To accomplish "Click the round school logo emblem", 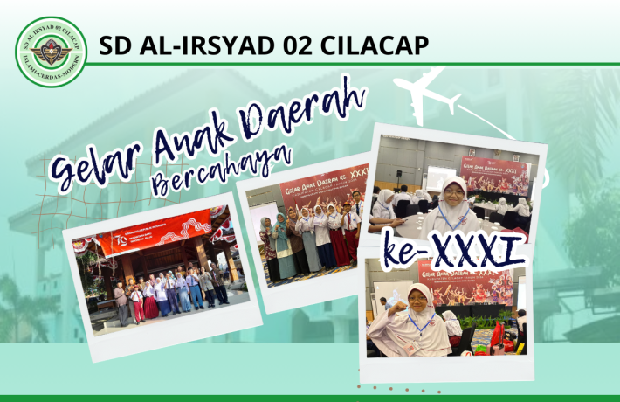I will (50, 52).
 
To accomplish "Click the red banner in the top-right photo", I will (495, 175).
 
